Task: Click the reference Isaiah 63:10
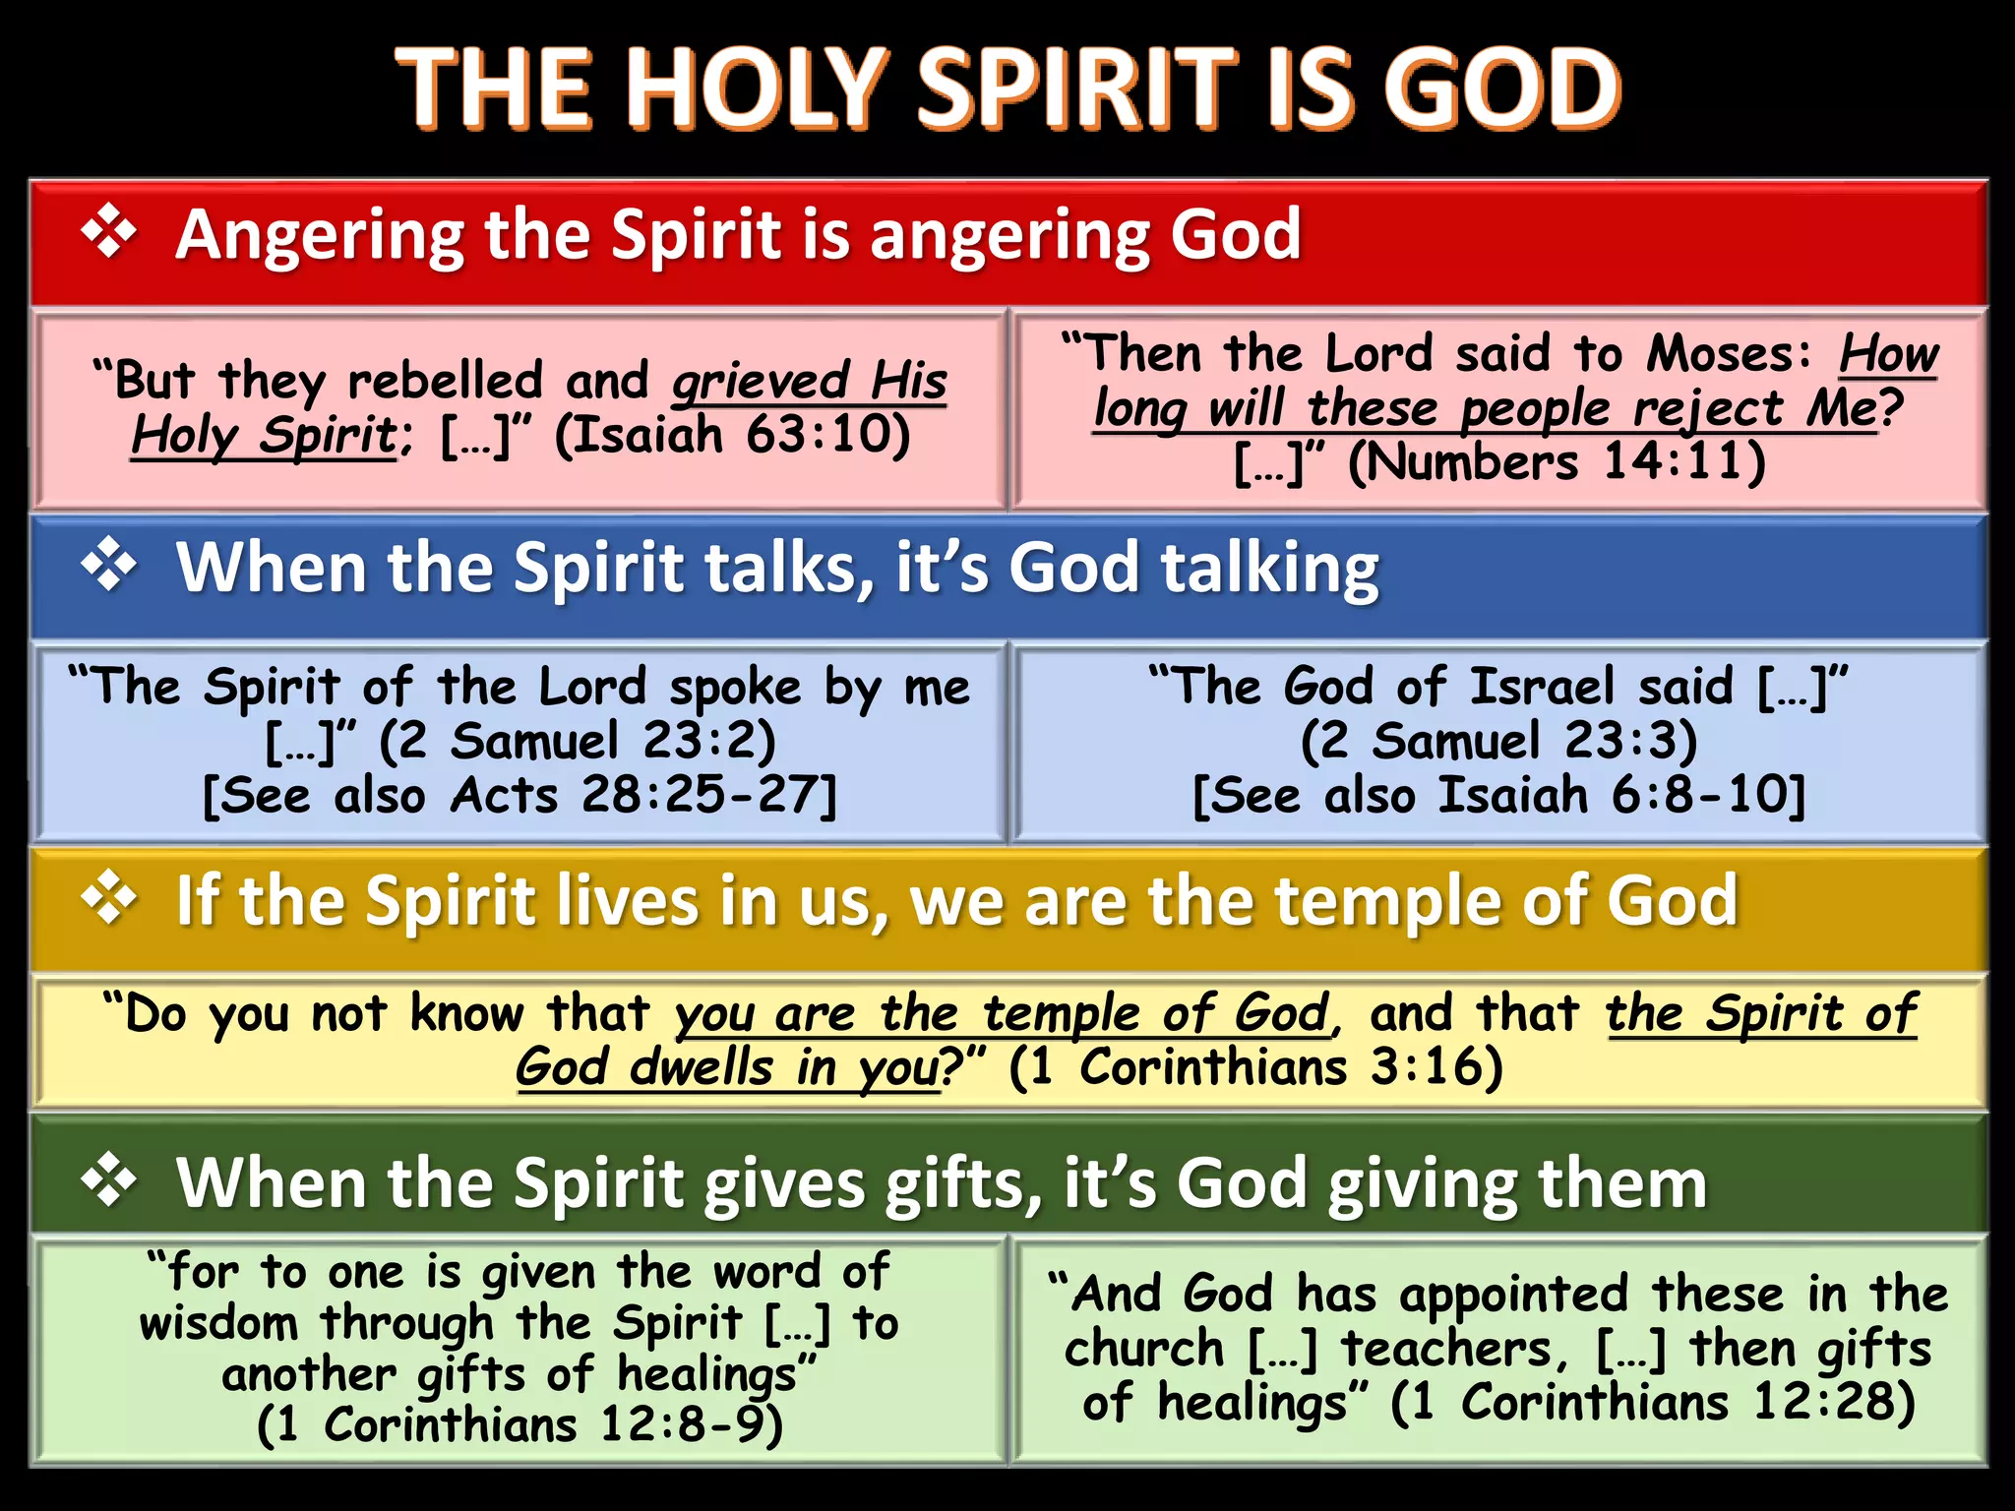[734, 435]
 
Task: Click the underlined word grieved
[761, 382]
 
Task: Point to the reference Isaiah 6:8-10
[1613, 795]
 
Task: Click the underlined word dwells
[702, 1068]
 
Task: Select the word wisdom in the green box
[218, 1323]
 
